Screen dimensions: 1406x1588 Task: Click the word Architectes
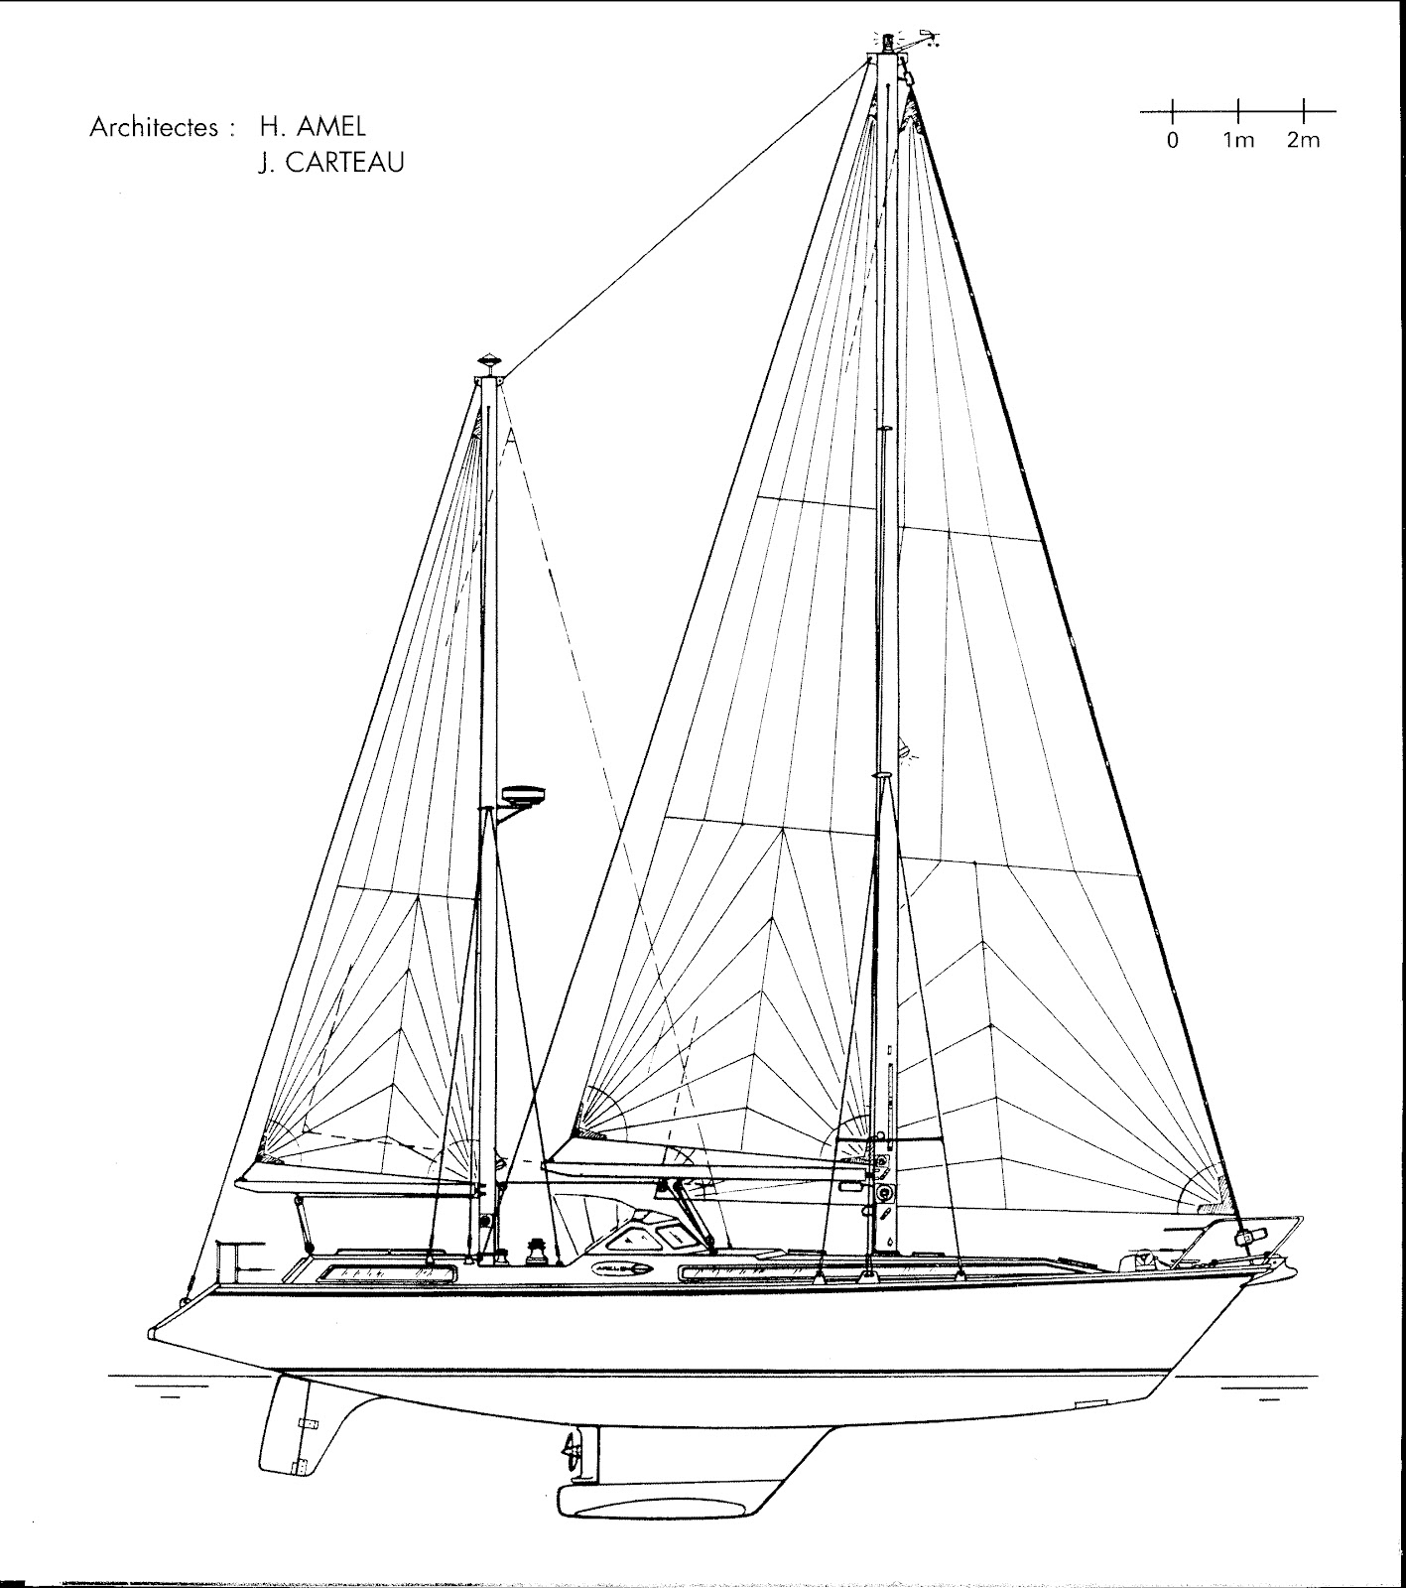[154, 128]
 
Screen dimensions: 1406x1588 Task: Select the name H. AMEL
[313, 126]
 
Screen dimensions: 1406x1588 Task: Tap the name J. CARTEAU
[331, 163]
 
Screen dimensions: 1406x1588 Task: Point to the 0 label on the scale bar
[1173, 140]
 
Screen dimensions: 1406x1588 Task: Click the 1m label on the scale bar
[1238, 140]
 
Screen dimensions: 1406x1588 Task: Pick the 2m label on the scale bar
[1304, 140]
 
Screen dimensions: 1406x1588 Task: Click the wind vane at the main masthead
[927, 41]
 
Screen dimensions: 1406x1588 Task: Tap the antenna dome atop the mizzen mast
[489, 359]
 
